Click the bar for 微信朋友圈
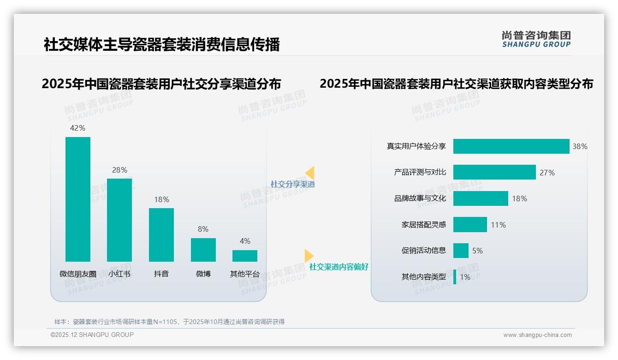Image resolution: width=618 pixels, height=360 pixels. (78, 199)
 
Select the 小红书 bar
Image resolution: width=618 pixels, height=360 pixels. (119, 220)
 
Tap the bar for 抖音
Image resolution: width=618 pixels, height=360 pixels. (161, 234)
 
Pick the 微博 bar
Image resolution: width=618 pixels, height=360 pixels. (203, 250)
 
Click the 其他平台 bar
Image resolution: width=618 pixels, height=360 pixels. (245, 256)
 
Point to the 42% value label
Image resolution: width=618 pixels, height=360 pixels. (77, 128)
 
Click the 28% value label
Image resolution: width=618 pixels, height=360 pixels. (119, 170)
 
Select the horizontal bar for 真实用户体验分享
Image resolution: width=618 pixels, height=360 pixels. (511, 146)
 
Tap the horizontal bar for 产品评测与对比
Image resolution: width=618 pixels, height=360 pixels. (494, 172)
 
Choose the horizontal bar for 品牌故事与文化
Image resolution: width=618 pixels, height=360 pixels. (481, 198)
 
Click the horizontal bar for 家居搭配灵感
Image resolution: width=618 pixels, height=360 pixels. (470, 225)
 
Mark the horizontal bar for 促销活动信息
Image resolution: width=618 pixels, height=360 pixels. (461, 251)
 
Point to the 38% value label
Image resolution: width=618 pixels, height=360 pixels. (580, 146)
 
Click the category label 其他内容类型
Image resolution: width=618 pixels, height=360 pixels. (423, 277)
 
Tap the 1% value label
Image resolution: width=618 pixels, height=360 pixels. (465, 277)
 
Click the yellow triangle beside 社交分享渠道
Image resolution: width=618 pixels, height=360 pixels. (310, 173)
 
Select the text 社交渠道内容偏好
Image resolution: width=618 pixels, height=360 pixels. (339, 267)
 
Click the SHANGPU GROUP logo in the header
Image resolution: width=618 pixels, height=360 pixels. (536, 39)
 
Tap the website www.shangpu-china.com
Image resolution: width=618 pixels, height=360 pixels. (537, 335)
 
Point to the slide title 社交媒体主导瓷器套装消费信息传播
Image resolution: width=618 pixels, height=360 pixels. (162, 45)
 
